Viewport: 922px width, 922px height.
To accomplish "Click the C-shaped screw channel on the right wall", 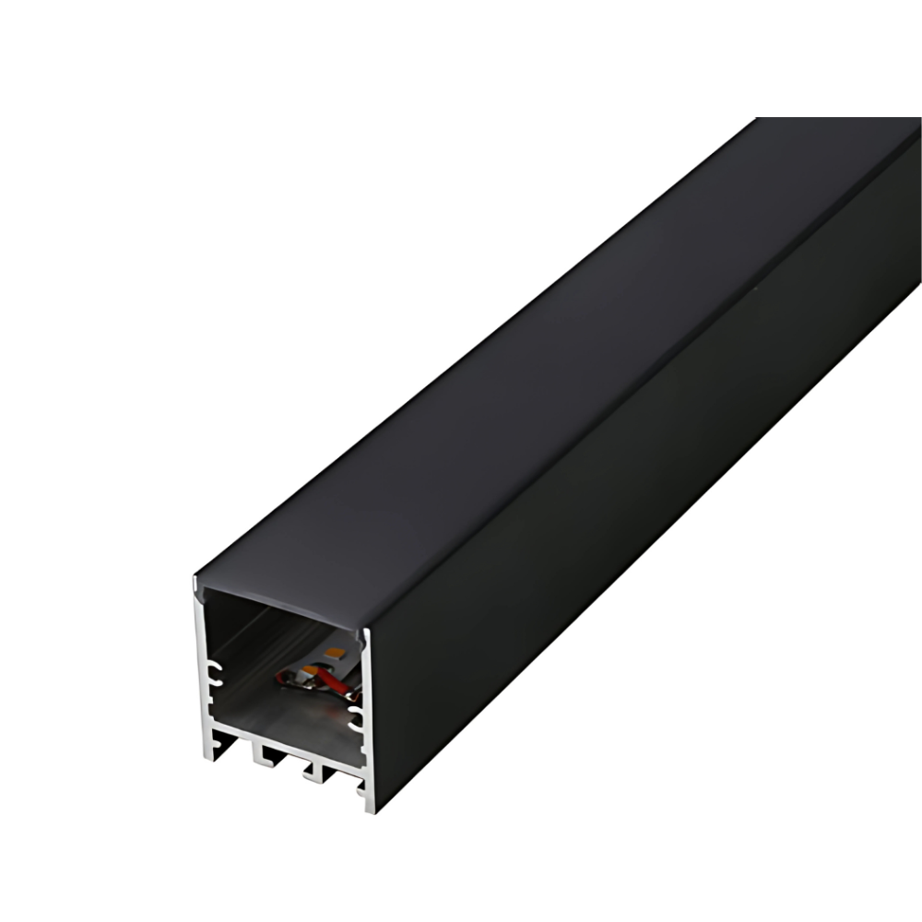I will point(356,718).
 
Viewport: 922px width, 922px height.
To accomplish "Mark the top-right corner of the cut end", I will point(370,631).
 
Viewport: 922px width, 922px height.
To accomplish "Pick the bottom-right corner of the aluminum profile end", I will point(370,811).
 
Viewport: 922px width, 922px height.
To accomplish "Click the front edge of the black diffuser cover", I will point(277,603).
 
